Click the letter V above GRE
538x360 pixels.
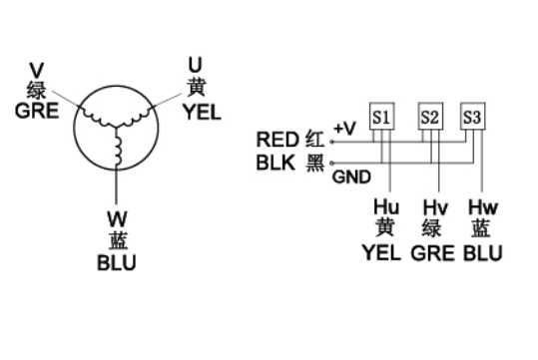(36, 71)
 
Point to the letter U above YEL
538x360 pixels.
(196, 65)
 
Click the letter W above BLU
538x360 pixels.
(117, 219)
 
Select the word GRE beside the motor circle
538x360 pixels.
(37, 111)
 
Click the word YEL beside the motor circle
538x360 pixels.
(202, 112)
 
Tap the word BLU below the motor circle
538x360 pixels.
(117, 262)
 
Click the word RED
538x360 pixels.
(277, 140)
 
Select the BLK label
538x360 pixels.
(275, 163)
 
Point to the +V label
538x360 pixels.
(344, 129)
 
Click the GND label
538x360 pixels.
(351, 177)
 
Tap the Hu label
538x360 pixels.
(386, 207)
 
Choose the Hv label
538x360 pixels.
(435, 207)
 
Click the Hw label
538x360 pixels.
(483, 207)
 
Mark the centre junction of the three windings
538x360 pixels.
(116, 128)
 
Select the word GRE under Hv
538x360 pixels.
(432, 253)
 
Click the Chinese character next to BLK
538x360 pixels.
(315, 163)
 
